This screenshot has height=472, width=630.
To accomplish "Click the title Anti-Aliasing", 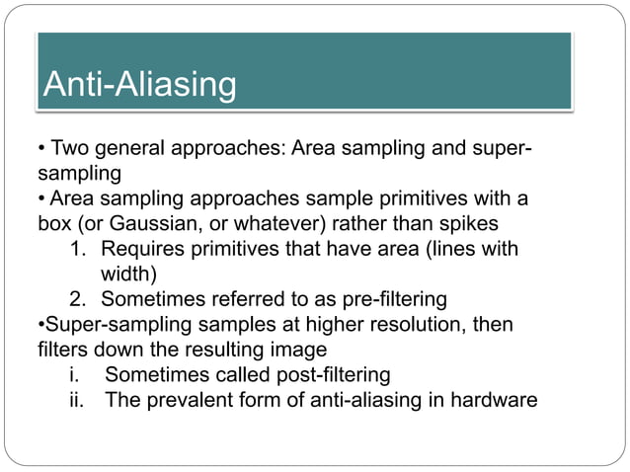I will (x=139, y=85).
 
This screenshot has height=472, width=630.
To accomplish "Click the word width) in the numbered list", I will (x=129, y=273).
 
